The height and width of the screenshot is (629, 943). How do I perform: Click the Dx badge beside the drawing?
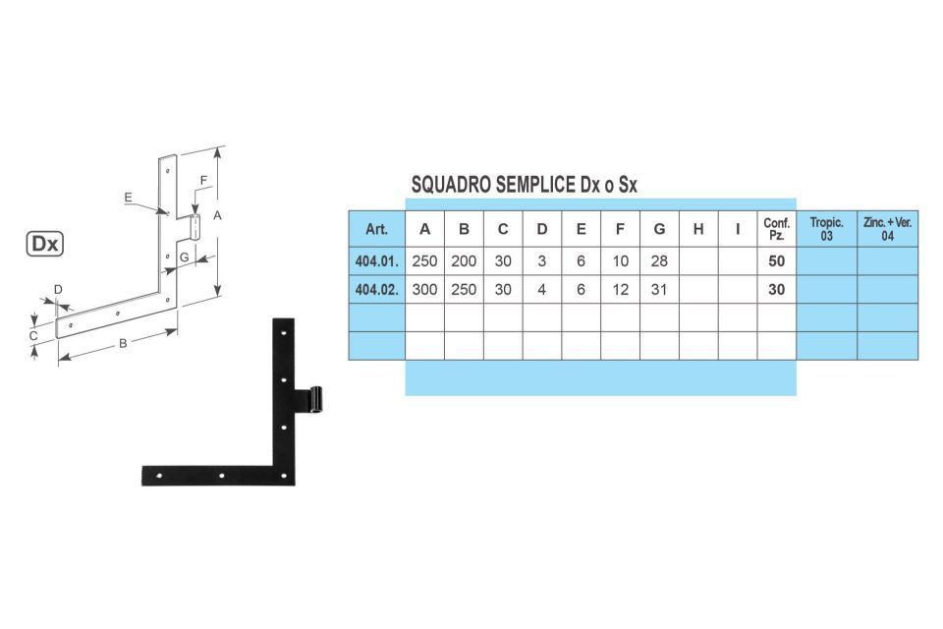[45, 244]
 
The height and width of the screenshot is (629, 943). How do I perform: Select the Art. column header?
[376, 229]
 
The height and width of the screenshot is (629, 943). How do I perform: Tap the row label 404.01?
[376, 261]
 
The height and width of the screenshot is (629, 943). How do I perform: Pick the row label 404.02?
[376, 290]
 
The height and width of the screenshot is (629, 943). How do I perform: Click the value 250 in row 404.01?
[424, 261]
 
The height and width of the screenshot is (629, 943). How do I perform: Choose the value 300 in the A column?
[424, 290]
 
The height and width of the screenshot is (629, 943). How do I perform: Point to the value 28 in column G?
[659, 261]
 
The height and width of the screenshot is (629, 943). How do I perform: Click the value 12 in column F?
[620, 290]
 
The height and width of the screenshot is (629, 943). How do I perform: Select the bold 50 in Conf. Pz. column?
[776, 261]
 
